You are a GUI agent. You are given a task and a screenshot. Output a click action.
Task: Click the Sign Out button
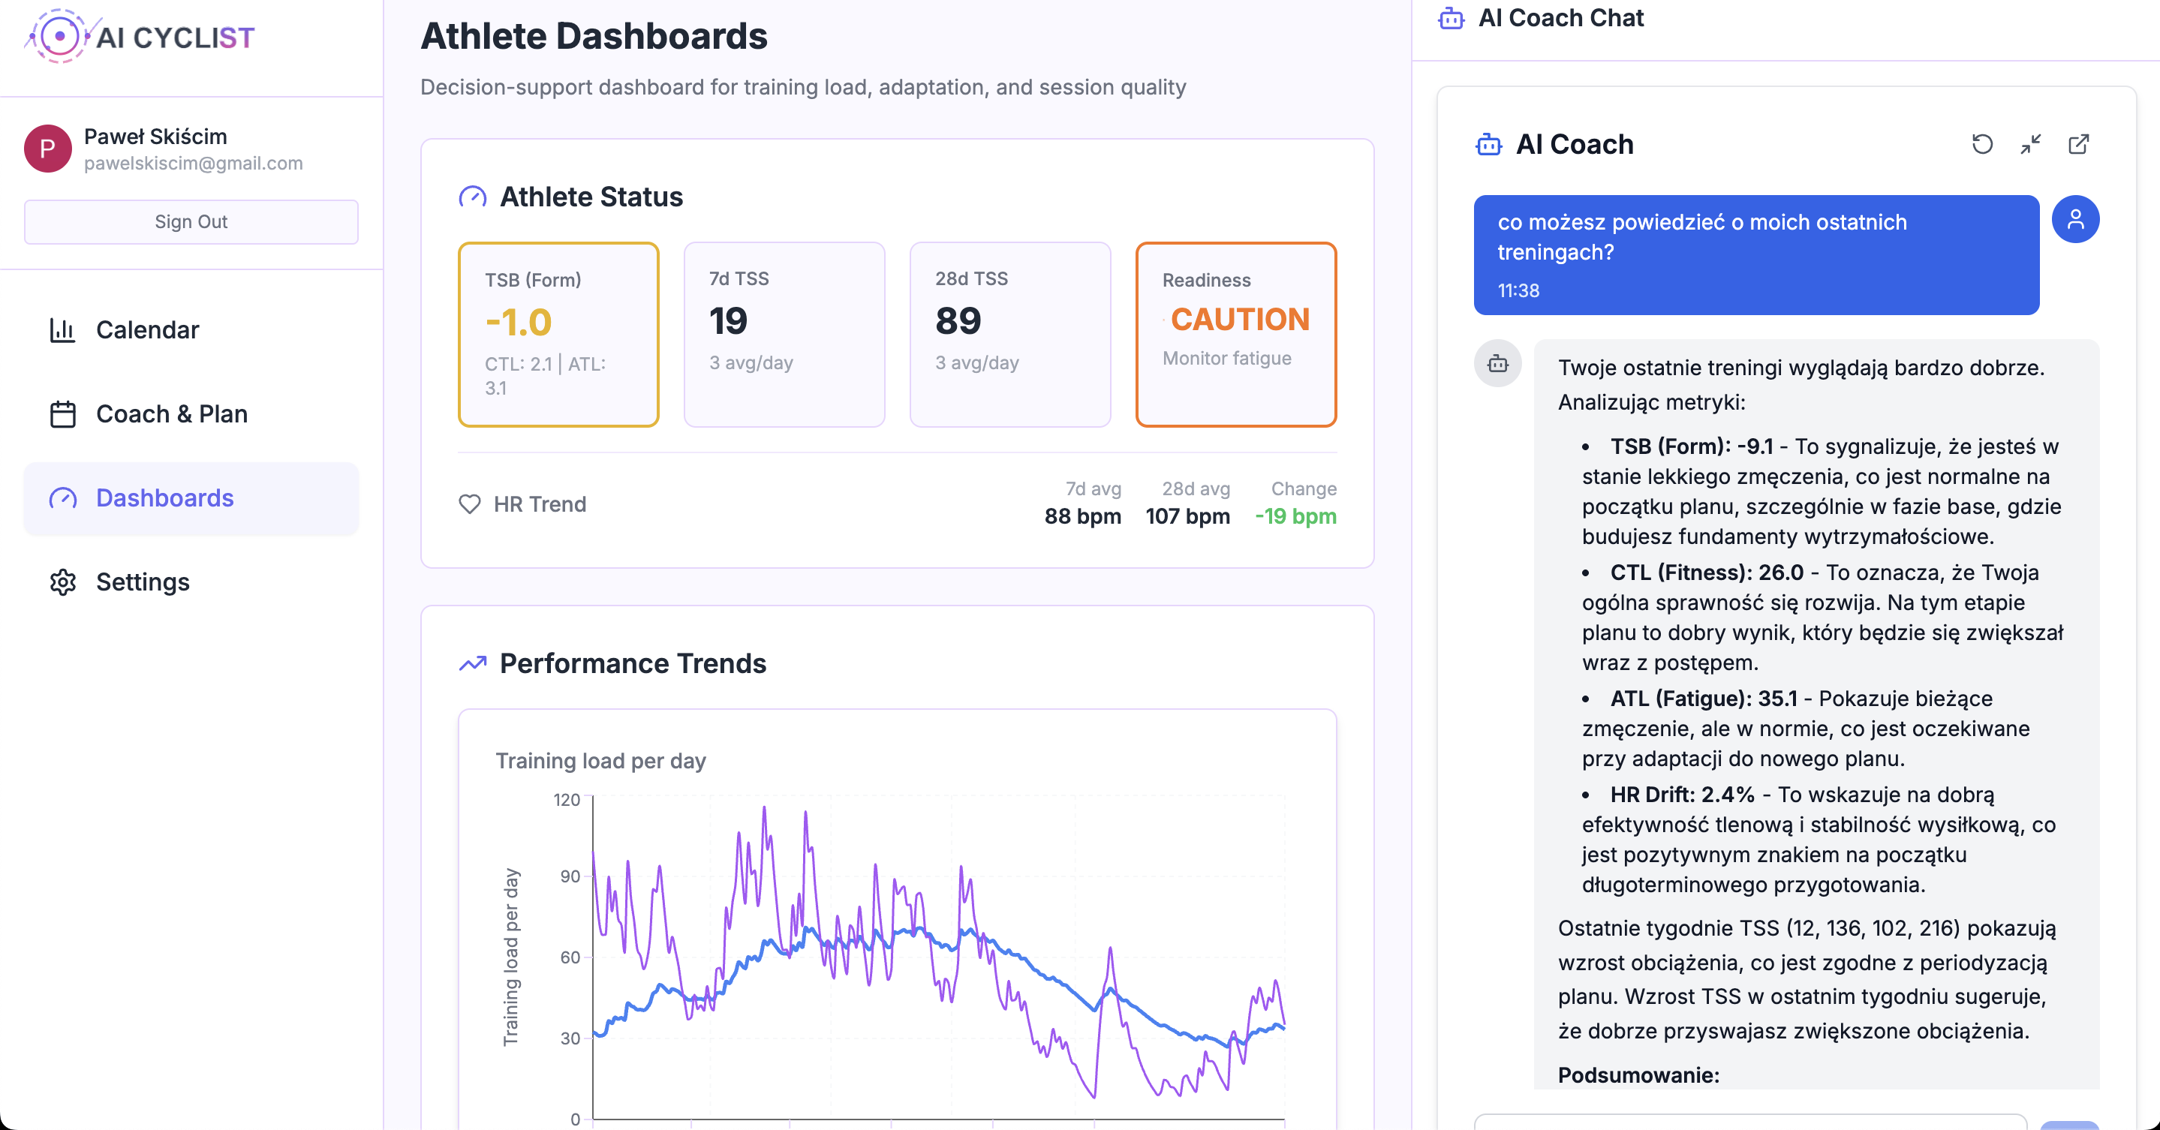[x=191, y=221]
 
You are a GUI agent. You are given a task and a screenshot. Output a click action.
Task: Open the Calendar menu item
[x=148, y=329]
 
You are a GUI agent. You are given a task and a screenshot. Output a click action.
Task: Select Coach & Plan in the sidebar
[x=171, y=414]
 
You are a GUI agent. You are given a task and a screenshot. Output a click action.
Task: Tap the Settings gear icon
[x=63, y=582]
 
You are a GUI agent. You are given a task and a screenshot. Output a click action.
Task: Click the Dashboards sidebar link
[x=164, y=498]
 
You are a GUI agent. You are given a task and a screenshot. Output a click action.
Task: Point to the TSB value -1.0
[x=518, y=323]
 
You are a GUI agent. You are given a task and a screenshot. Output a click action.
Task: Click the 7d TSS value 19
[x=728, y=321]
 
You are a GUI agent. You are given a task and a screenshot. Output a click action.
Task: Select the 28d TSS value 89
[x=958, y=321]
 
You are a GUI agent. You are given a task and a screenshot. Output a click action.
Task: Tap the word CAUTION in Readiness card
[x=1239, y=320]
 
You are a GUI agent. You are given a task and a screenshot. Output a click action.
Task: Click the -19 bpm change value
[x=1295, y=516]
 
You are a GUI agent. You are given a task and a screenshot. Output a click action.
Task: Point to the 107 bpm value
[x=1187, y=516]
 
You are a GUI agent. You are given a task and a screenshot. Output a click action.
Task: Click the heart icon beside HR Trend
[x=470, y=503]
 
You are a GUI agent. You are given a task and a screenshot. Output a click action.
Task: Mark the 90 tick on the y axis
[x=570, y=876]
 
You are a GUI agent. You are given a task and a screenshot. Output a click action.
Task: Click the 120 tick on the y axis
[x=567, y=800]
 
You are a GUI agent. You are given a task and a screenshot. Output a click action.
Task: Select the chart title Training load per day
[x=600, y=760]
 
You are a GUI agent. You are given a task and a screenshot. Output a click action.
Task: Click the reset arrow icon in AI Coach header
[x=1982, y=144]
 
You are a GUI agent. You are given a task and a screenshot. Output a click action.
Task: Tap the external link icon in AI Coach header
[x=2079, y=144]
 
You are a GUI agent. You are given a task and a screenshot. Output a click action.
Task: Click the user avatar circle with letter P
[x=48, y=149]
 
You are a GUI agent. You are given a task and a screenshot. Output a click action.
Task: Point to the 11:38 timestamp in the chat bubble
[x=1518, y=290]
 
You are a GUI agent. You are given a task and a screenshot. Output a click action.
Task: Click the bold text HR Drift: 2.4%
[x=1682, y=795]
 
